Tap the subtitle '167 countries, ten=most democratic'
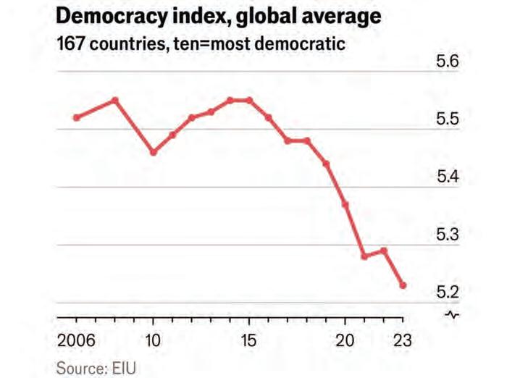(x=201, y=43)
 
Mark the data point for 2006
(x=76, y=117)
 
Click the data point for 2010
(x=153, y=152)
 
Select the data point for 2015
(x=249, y=100)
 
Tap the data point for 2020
(x=345, y=205)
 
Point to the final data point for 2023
(x=403, y=285)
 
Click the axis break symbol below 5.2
(x=452, y=314)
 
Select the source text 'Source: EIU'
(x=96, y=368)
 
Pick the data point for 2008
(x=114, y=100)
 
